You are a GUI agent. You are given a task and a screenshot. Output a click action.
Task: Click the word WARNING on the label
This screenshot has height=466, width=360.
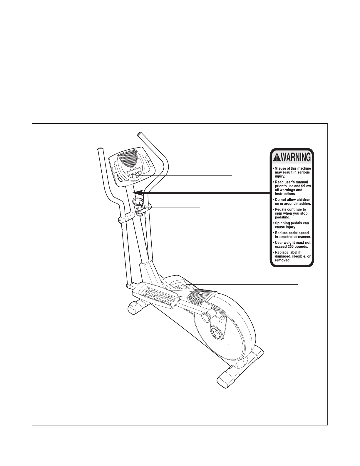296,157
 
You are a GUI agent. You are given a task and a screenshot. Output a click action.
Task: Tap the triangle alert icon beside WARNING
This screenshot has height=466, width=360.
277,158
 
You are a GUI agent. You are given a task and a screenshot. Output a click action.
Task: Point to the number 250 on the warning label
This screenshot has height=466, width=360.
292,247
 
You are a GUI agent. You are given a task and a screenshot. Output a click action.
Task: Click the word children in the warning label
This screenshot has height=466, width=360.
303,199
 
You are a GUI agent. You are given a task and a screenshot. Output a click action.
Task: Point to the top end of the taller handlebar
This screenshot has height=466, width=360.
139,133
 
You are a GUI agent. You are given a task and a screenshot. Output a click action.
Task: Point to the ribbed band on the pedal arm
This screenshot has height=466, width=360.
201,297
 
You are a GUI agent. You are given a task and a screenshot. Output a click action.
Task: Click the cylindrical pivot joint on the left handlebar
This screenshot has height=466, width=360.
125,218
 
